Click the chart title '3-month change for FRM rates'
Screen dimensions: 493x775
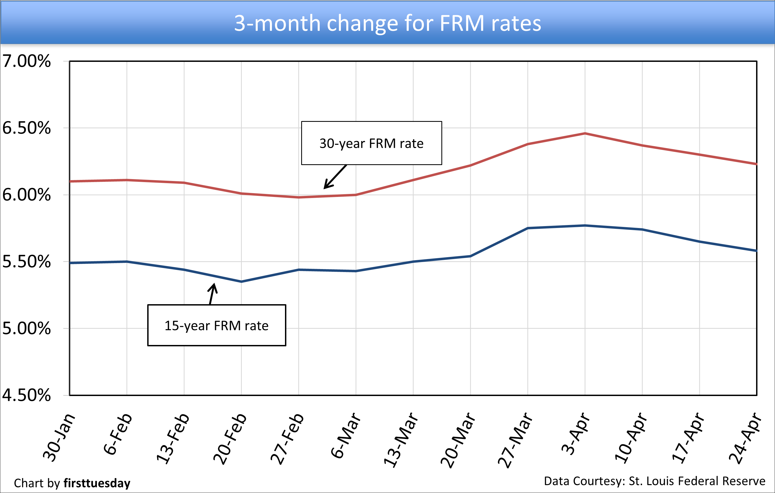(x=387, y=23)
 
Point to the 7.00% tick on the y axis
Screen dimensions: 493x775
(x=26, y=61)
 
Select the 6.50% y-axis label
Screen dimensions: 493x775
(x=26, y=128)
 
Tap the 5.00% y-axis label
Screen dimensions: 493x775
(x=26, y=328)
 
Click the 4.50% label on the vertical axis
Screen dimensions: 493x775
(x=26, y=395)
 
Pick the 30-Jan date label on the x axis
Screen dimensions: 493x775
(x=59, y=438)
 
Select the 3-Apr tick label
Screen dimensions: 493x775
(x=575, y=434)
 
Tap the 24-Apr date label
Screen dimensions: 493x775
(x=745, y=438)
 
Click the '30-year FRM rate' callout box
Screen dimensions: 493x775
(x=371, y=143)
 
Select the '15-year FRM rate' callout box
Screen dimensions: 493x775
(x=217, y=325)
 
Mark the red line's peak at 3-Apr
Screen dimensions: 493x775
(x=585, y=133)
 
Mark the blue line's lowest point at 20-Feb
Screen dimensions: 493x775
(x=241, y=281)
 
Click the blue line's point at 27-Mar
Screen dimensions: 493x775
(x=528, y=228)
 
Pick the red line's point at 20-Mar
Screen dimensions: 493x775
(x=471, y=165)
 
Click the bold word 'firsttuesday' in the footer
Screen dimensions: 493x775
(x=97, y=483)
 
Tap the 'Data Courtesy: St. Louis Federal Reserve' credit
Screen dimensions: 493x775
(x=654, y=481)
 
